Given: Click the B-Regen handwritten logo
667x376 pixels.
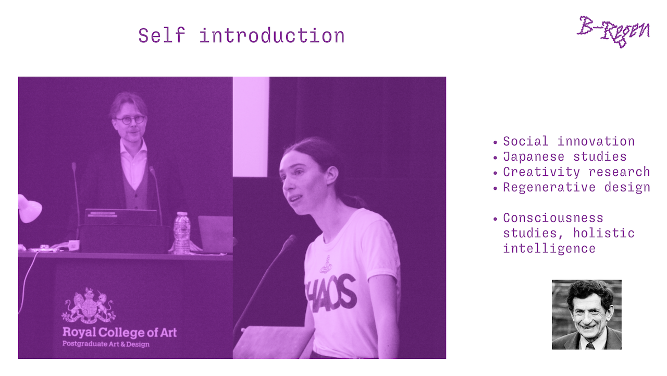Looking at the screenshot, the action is pos(613,32).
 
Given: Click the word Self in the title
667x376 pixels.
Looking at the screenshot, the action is pos(162,36).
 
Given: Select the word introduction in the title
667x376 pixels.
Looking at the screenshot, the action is pos(272,36).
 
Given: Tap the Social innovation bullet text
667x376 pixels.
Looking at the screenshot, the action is pos(569,141).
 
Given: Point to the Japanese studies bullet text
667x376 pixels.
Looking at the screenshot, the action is pos(565,157).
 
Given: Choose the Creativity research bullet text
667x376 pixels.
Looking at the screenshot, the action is pos(576,172).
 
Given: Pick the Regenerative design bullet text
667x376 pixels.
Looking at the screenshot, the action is pos(576,187).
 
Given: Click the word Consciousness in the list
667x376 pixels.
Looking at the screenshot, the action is pos(553,218).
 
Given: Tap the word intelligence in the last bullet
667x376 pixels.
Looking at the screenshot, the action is pos(549,248).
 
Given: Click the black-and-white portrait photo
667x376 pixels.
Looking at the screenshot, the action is pos(587,314).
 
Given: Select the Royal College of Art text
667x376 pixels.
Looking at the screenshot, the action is pos(119,333).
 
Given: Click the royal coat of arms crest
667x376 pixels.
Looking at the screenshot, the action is pos(89,306).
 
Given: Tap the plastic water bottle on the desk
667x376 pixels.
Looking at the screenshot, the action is pos(182,233).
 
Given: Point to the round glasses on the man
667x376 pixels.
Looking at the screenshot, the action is pos(130,120).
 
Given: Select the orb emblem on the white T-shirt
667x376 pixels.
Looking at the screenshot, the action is pos(326,265).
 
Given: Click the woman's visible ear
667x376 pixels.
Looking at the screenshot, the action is pos(332,176).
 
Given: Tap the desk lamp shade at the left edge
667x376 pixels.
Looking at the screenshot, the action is pos(30,209).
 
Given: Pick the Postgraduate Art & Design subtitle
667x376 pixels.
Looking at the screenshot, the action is pos(106,344).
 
